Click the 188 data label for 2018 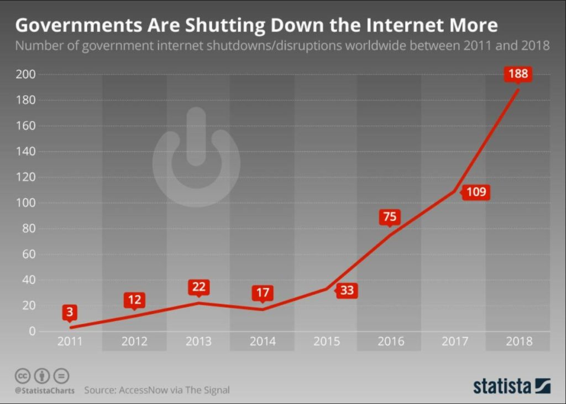pyautogui.click(x=518, y=74)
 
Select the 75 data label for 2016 pyautogui.click(x=390, y=217)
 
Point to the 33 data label pyautogui.click(x=347, y=290)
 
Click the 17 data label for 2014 pyautogui.click(x=262, y=293)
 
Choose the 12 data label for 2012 pyautogui.click(x=134, y=300)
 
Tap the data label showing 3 pyautogui.click(x=70, y=312)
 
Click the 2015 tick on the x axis pyautogui.click(x=326, y=341)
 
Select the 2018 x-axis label pyautogui.click(x=518, y=341)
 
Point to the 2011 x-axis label pyautogui.click(x=70, y=341)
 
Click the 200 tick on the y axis pyautogui.click(x=26, y=74)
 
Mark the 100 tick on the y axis pyautogui.click(x=26, y=203)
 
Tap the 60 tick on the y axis pyautogui.click(x=29, y=255)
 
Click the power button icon pyautogui.click(x=196, y=158)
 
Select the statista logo pyautogui.click(x=511, y=386)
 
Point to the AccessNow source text pyautogui.click(x=156, y=390)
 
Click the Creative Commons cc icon pyautogui.click(x=22, y=376)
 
